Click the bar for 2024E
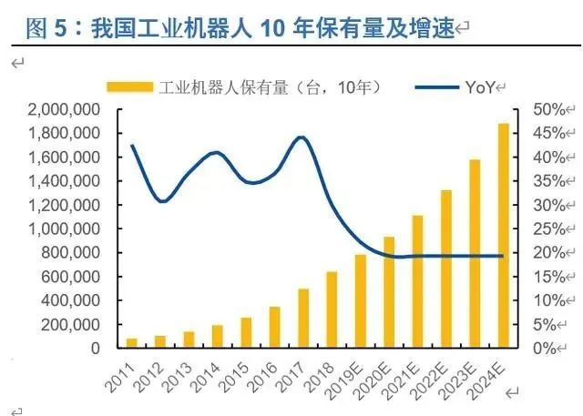(x=504, y=236)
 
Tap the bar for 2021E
(x=417, y=281)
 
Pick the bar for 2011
(x=132, y=342)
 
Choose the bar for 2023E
(x=475, y=254)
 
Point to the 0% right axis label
(x=545, y=349)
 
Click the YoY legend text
(x=479, y=87)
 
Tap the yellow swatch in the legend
(x=129, y=87)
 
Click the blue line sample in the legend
(x=436, y=87)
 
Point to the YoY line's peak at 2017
(x=302, y=137)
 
